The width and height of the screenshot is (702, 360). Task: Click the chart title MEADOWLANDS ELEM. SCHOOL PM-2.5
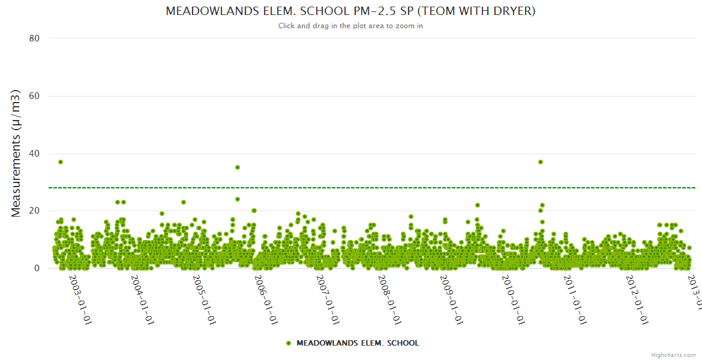pyautogui.click(x=350, y=11)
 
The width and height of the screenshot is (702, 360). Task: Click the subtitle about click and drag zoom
pyautogui.click(x=350, y=26)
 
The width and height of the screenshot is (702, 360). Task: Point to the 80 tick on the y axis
pyautogui.click(x=34, y=38)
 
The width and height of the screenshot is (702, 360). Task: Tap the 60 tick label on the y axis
pyautogui.click(x=34, y=96)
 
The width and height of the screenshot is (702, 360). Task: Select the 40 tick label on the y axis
pyautogui.click(x=34, y=154)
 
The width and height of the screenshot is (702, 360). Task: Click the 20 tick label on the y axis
pyautogui.click(x=34, y=211)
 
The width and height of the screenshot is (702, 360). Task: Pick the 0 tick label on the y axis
pyautogui.click(x=37, y=268)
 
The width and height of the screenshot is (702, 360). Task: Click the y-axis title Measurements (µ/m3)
pyautogui.click(x=17, y=153)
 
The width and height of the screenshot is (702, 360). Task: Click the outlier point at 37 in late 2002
pyautogui.click(x=61, y=162)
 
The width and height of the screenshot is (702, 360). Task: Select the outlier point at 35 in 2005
pyautogui.click(x=238, y=167)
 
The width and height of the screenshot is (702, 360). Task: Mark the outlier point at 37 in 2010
pyautogui.click(x=541, y=162)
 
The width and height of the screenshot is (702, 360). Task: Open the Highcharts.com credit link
pyautogui.click(x=673, y=355)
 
